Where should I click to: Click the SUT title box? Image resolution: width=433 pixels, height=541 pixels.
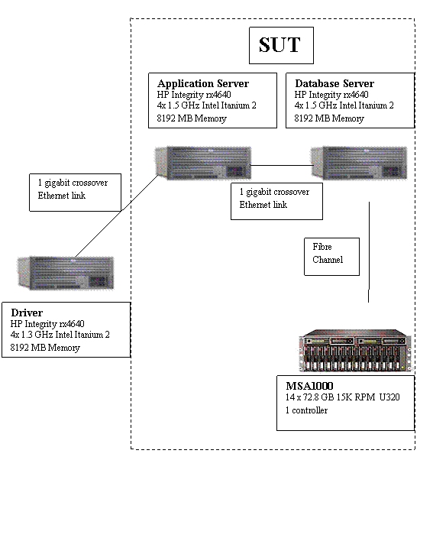[281, 45]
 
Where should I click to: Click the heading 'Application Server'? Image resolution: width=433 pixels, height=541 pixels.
[203, 83]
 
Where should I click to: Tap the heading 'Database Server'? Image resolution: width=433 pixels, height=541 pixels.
[334, 83]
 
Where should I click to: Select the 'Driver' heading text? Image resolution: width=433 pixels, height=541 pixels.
[27, 313]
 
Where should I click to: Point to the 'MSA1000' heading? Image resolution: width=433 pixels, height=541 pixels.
[309, 386]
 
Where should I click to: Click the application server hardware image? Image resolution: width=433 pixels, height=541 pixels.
[202, 163]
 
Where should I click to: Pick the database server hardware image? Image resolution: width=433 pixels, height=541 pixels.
[359, 163]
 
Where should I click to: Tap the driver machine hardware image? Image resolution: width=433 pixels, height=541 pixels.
[66, 273]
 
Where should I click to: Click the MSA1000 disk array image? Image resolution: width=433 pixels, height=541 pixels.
[355, 350]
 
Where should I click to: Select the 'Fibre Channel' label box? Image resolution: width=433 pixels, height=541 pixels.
[331, 256]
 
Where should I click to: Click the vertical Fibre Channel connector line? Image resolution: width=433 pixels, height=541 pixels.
[369, 252]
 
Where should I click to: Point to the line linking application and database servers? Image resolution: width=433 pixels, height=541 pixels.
[282, 165]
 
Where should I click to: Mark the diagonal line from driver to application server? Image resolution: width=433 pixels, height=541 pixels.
[117, 215]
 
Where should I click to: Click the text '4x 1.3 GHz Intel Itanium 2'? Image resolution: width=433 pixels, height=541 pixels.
[60, 335]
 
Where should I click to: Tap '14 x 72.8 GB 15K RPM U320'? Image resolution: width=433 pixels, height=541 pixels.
[343, 397]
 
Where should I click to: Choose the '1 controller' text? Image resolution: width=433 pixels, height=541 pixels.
[306, 410]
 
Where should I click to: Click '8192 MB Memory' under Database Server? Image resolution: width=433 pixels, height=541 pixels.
[329, 118]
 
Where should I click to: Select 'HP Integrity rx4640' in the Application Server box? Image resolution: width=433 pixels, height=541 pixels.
[194, 95]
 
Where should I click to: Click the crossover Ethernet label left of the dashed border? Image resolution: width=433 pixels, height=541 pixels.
[75, 193]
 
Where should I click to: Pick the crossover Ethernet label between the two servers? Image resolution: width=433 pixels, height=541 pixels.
[277, 201]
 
